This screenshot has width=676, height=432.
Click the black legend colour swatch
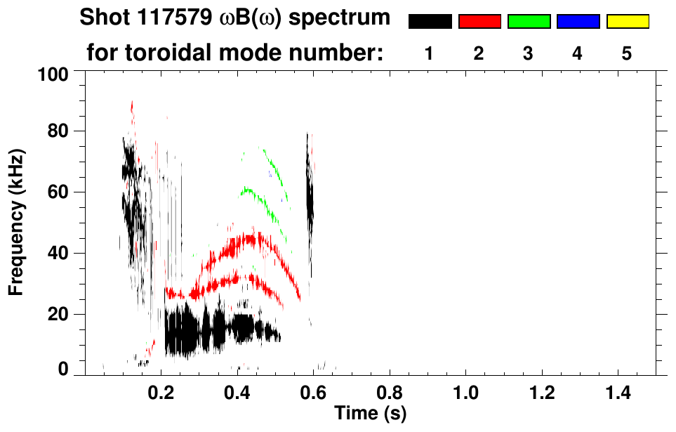pyautogui.click(x=430, y=22)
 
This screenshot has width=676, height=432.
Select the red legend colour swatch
pyautogui.click(x=479, y=22)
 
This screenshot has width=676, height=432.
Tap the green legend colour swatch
pyautogui.click(x=529, y=22)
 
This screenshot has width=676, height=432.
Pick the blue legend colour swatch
pyautogui.click(x=578, y=22)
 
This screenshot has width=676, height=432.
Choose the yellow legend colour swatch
pyautogui.click(x=627, y=22)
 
